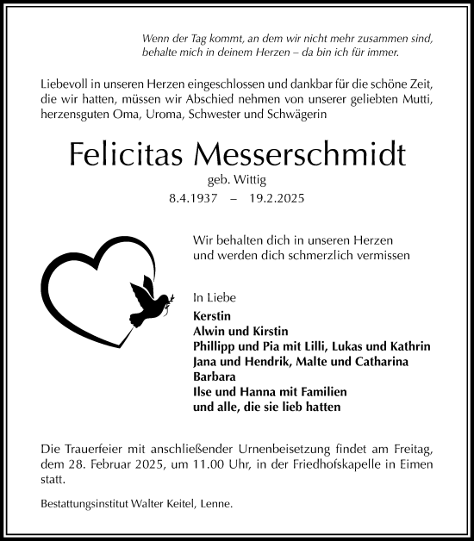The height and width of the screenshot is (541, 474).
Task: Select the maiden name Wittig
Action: click(247, 180)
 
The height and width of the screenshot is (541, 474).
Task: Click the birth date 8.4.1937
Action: click(194, 198)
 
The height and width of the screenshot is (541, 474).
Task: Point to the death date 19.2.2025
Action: click(276, 198)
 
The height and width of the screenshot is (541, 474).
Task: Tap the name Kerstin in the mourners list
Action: click(214, 315)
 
